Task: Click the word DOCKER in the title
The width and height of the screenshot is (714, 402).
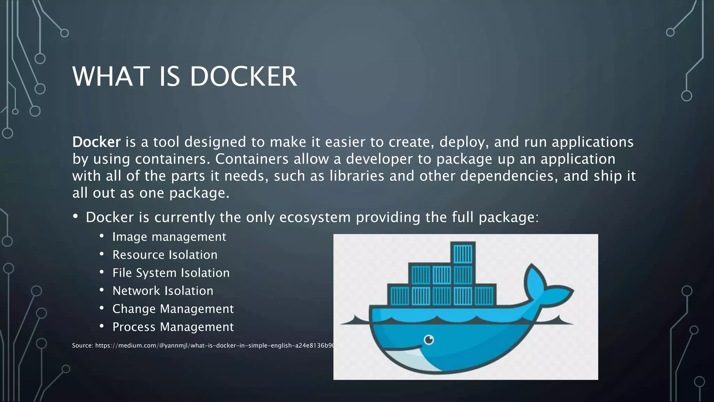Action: pyautogui.click(x=243, y=76)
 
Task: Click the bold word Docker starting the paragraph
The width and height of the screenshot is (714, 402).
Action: pyautogui.click(x=96, y=142)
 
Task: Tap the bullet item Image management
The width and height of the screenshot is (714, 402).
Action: pyautogui.click(x=169, y=237)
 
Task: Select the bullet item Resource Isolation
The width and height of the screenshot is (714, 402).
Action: pyautogui.click(x=165, y=255)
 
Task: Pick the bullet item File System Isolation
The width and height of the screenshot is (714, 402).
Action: pyautogui.click(x=171, y=273)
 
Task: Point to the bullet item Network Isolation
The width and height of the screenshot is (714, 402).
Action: pyautogui.click(x=162, y=291)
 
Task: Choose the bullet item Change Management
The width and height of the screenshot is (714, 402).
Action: pyautogui.click(x=173, y=309)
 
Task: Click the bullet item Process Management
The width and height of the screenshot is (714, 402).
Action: pyautogui.click(x=173, y=327)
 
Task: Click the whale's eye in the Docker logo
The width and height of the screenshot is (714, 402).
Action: pyautogui.click(x=429, y=339)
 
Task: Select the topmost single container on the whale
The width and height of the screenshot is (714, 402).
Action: pyautogui.click(x=463, y=253)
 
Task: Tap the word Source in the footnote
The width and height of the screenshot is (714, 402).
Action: pyautogui.click(x=82, y=345)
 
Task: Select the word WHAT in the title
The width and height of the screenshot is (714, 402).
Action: pyautogui.click(x=111, y=76)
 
